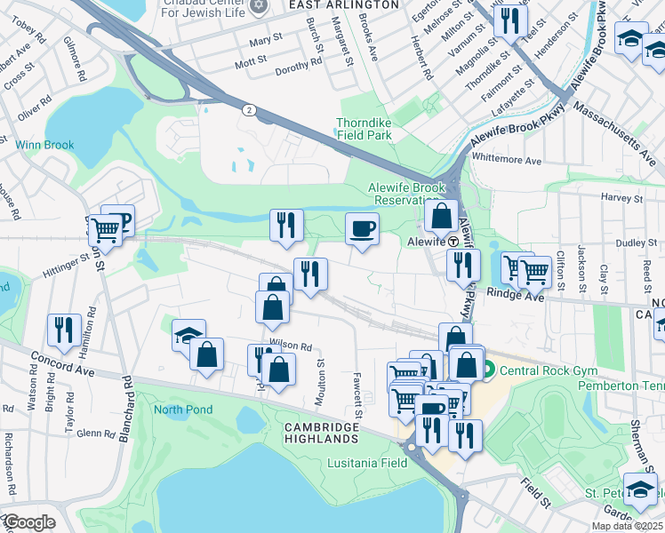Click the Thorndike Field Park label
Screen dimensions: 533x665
point(364,130)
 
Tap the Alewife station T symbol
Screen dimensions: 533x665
point(453,241)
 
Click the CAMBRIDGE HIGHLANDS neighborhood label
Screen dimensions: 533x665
point(322,433)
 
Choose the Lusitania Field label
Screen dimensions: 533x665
point(368,463)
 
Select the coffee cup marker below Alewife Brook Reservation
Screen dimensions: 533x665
point(362,228)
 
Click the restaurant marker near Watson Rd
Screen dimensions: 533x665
point(64,330)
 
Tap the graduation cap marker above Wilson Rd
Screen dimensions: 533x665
point(188,335)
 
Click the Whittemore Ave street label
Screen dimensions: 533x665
point(507,160)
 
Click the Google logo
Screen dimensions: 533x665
point(28,522)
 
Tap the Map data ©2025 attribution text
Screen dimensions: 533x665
point(626,526)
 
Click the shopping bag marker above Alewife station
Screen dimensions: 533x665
point(441,215)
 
